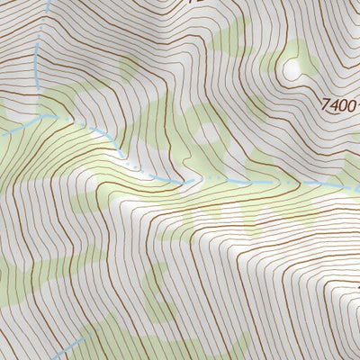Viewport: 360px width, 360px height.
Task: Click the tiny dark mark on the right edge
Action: pos(357,287)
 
